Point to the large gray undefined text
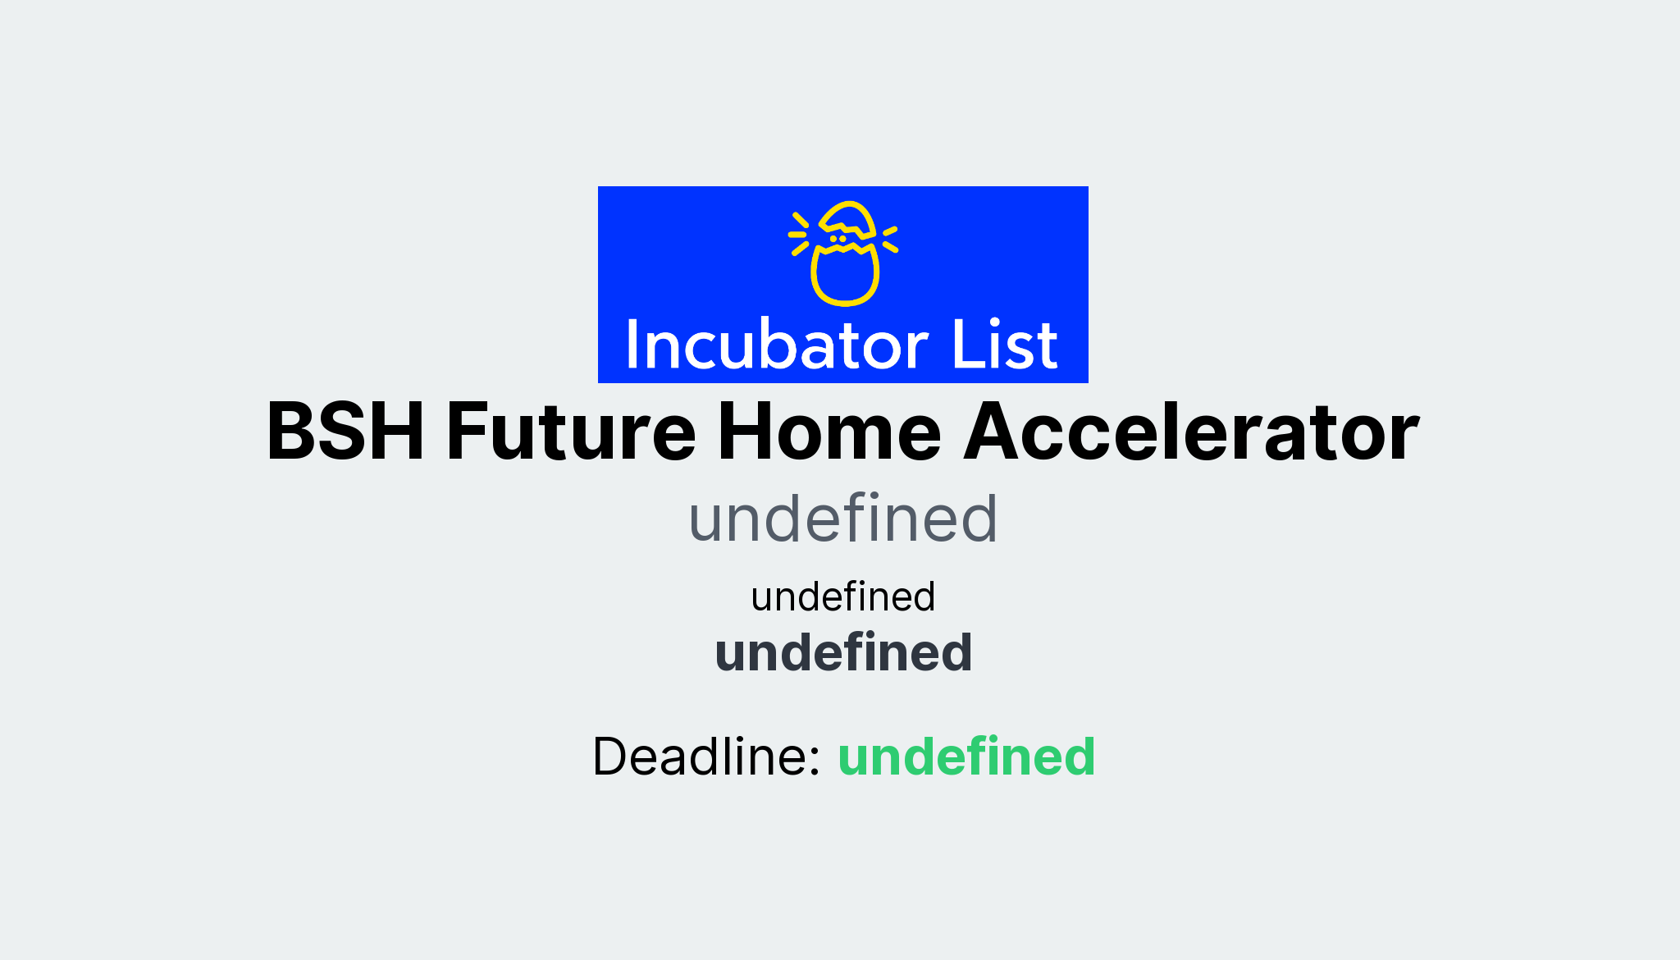coord(842,519)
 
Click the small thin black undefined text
coord(842,597)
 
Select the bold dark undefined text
coord(842,653)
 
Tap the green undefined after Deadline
coord(966,757)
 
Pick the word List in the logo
coord(1004,345)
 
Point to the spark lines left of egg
coord(799,234)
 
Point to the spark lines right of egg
coord(890,238)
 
